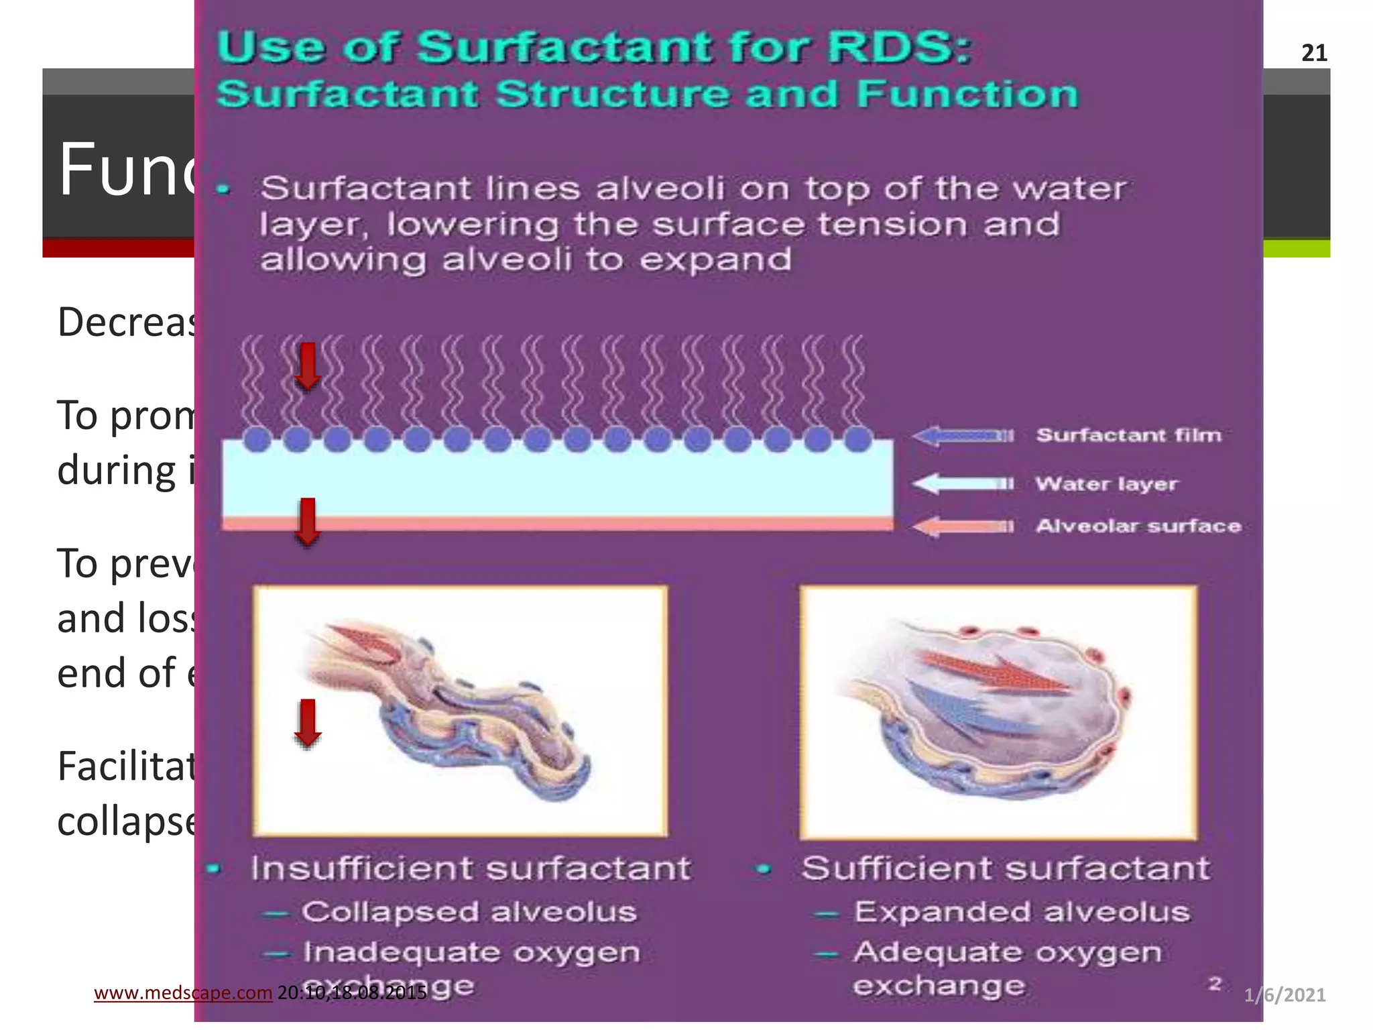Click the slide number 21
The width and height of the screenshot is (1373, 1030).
pos(1314,53)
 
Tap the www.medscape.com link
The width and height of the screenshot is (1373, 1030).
pos(182,992)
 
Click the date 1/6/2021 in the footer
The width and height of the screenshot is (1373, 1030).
pos(1285,994)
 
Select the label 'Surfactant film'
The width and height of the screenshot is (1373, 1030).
pos(1128,435)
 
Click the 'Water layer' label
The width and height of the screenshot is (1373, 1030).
pos(1106,483)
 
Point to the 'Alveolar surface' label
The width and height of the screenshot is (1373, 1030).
pos(1138,526)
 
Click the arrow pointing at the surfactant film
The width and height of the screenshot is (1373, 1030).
pos(963,436)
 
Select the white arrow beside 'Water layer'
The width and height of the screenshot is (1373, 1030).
pos(963,483)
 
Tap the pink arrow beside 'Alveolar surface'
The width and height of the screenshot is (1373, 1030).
pos(963,526)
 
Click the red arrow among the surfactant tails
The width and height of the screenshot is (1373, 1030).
pos(308,366)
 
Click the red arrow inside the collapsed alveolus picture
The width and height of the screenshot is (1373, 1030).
pos(308,723)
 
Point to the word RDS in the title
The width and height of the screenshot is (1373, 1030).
pos(898,48)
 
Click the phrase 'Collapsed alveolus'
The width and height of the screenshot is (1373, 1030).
pos(468,912)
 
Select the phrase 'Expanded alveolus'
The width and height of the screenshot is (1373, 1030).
pos(1021,912)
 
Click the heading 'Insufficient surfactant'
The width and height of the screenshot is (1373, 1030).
pos(470,868)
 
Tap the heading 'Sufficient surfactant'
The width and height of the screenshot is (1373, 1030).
pos(1006,868)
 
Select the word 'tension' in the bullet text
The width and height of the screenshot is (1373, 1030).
pos(892,224)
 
